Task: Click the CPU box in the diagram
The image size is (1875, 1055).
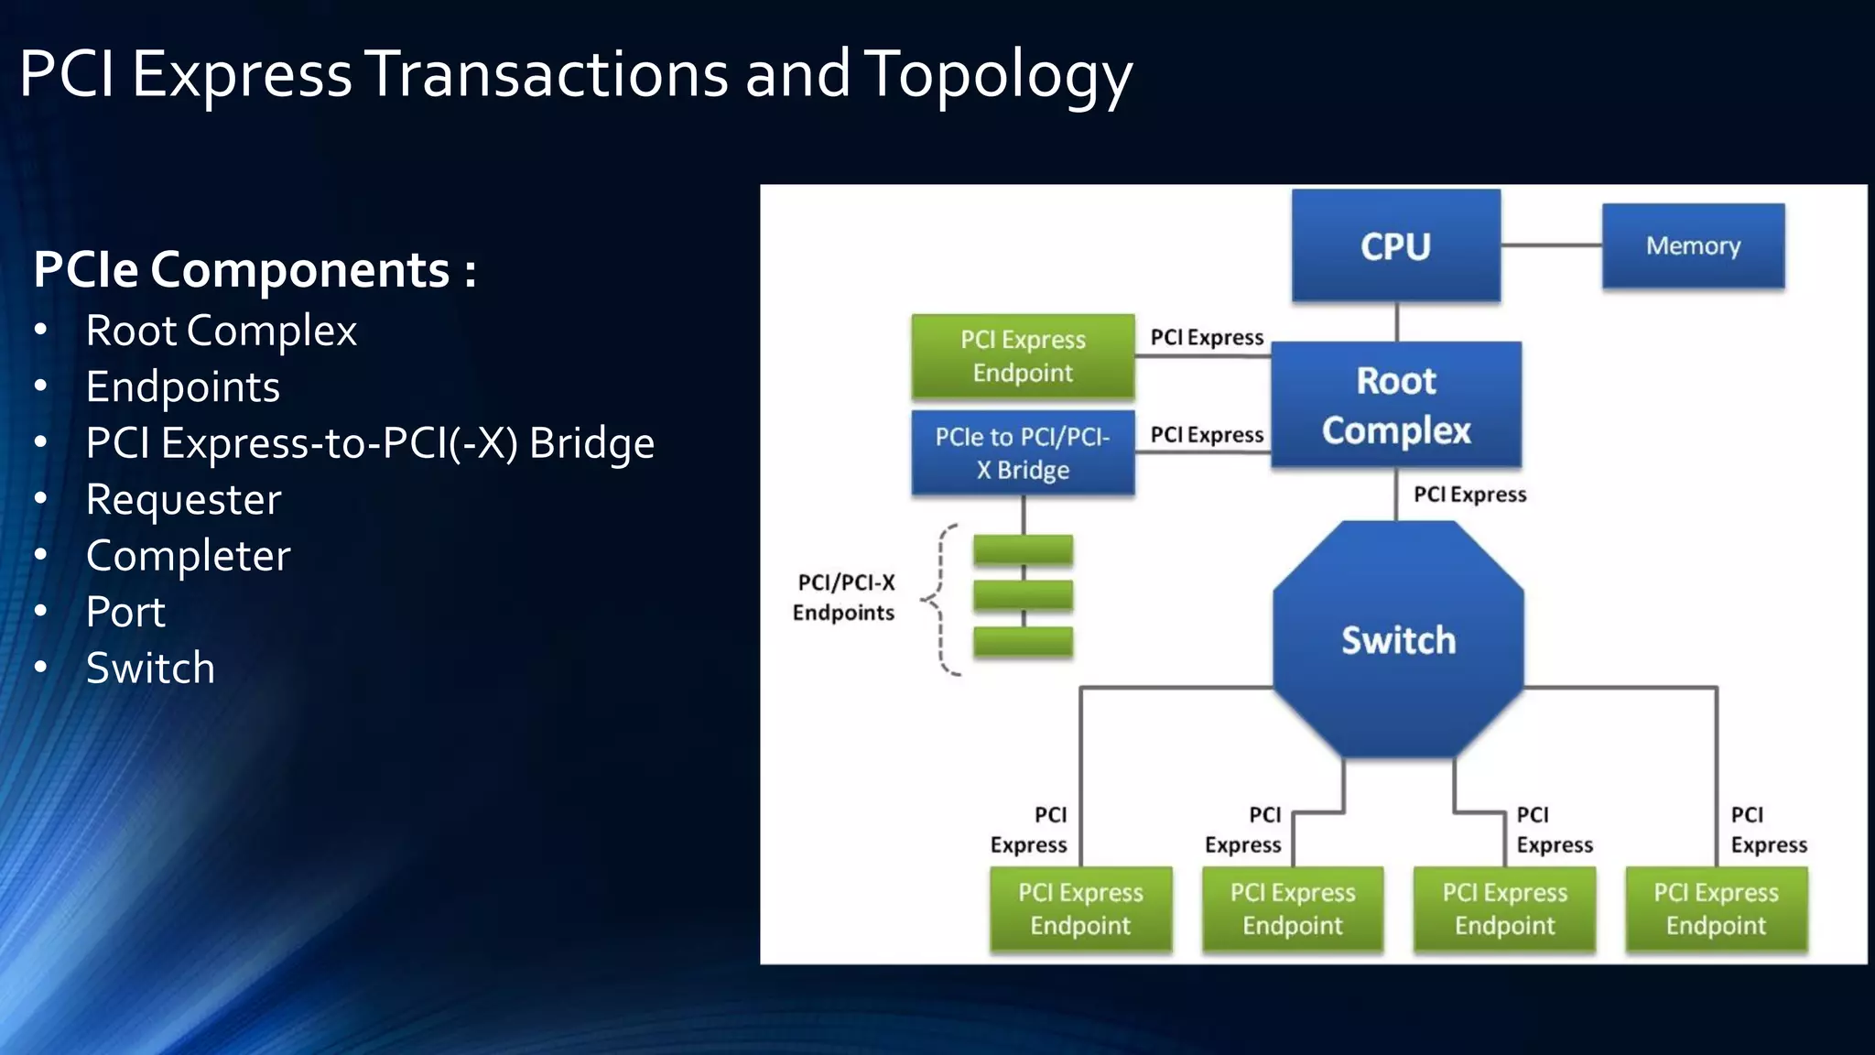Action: pos(1395,245)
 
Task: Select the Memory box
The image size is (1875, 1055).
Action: pos(1693,245)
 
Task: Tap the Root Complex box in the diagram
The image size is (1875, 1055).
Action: pos(1396,405)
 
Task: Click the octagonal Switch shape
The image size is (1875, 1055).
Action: pos(1398,639)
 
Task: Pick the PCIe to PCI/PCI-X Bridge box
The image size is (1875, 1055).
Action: pos(1023,453)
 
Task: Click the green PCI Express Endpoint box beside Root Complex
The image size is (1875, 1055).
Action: pos(1023,356)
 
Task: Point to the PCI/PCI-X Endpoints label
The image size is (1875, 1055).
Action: pos(844,597)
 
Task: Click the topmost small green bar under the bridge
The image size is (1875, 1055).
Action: pos(1023,549)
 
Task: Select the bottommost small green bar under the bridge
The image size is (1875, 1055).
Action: pos(1023,641)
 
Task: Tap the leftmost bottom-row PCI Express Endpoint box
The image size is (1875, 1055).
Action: pos(1080,909)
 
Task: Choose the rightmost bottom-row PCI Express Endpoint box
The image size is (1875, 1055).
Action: pos(1716,909)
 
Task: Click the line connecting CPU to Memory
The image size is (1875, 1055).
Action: pos(1551,245)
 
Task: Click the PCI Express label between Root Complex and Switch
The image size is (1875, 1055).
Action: pos(1469,495)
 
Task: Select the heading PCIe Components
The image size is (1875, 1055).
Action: pos(255,270)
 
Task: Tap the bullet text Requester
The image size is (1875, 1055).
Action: pos(183,500)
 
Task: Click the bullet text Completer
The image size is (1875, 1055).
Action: pos(188,556)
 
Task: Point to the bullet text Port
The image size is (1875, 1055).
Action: pos(125,613)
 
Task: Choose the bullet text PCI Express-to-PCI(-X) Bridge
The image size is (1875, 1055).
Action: pos(370,443)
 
